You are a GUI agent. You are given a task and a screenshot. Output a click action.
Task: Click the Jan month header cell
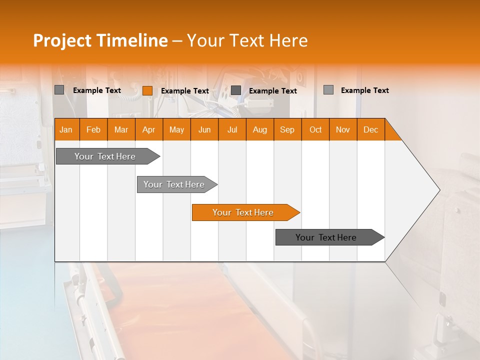[66, 129]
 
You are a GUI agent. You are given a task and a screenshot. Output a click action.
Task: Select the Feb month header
[93, 129]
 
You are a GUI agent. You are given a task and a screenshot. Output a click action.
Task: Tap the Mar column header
[121, 129]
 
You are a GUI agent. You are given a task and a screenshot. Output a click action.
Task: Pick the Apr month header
[149, 129]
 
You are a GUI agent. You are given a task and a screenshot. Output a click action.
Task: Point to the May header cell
[176, 129]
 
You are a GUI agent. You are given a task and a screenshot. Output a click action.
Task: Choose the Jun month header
[204, 129]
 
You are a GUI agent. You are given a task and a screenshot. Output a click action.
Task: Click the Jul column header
[232, 129]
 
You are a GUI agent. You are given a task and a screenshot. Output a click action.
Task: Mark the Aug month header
[260, 129]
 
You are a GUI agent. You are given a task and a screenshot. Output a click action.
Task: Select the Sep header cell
[287, 129]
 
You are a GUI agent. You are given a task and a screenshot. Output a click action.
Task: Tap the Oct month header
[315, 129]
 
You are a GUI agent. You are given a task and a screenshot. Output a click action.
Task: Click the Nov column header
[343, 129]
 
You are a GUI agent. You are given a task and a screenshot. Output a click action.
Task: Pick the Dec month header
[371, 129]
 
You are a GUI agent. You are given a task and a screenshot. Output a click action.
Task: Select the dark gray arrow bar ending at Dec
[326, 237]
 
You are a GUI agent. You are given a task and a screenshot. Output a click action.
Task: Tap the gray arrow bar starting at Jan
[105, 156]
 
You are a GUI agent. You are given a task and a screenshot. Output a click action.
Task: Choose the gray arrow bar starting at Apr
[174, 184]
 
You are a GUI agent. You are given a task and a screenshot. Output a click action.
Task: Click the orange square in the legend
[147, 90]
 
